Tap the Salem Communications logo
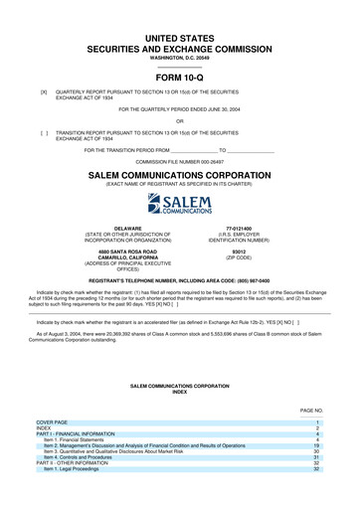point(179,205)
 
